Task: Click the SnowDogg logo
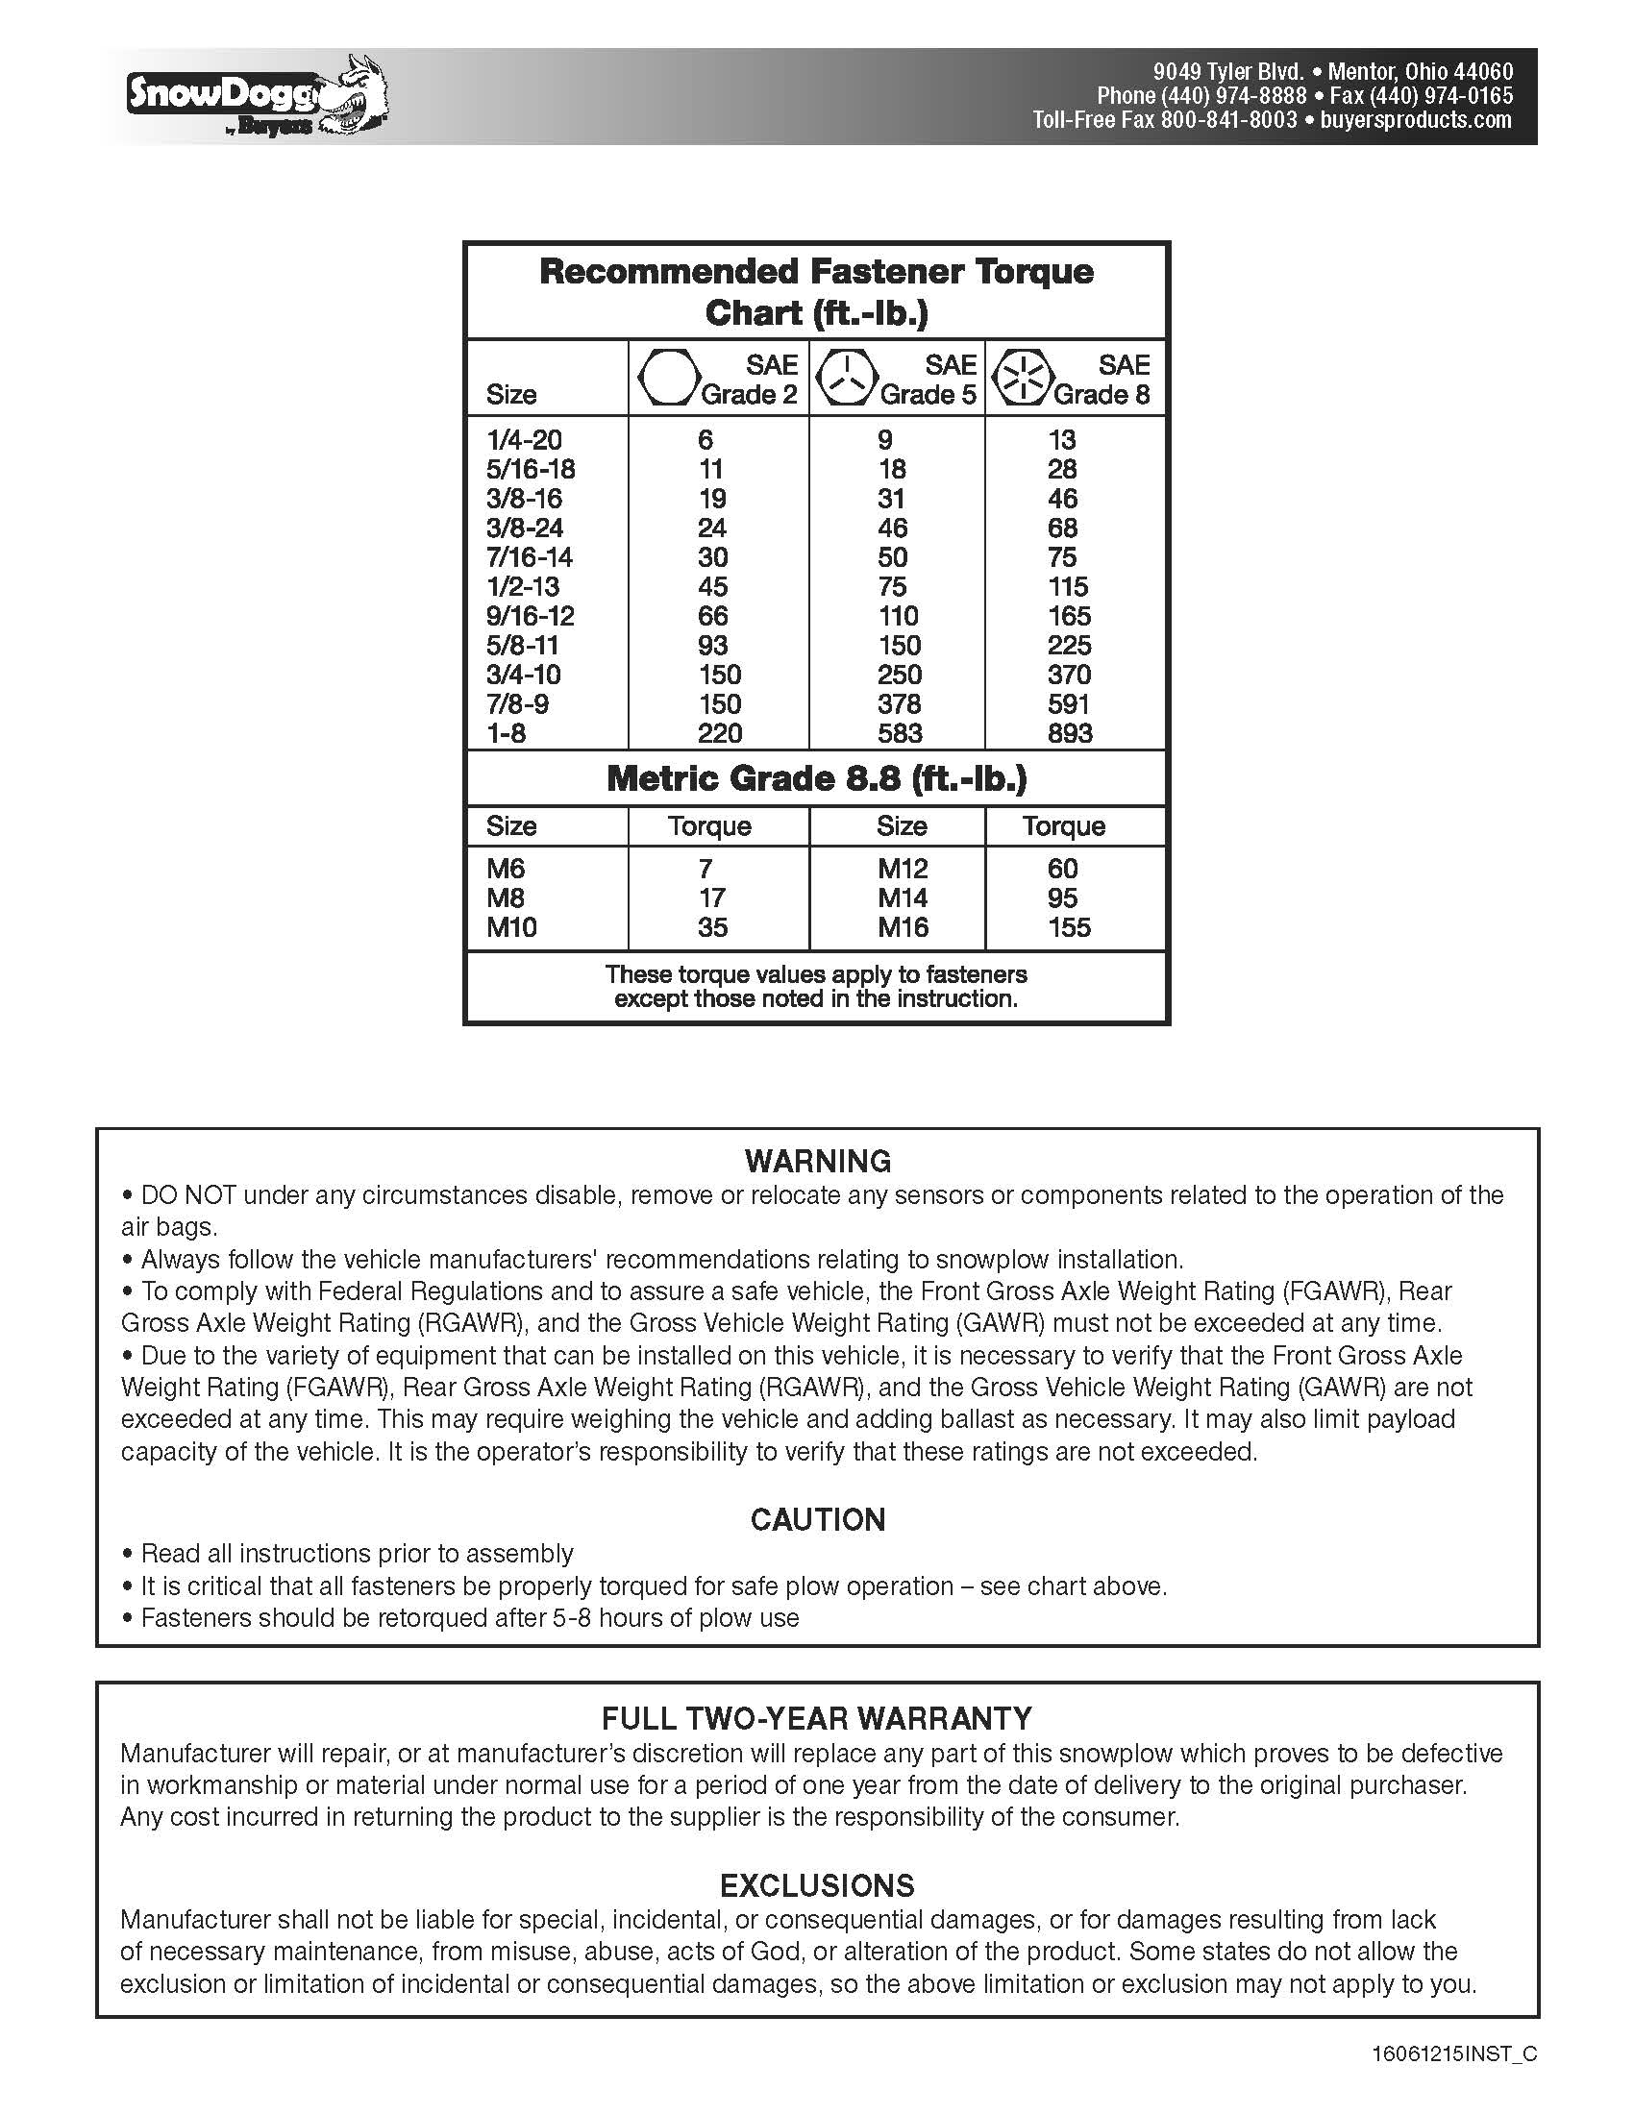[257, 98]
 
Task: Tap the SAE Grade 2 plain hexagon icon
[667, 379]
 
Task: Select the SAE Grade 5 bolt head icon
[846, 379]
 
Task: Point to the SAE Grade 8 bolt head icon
[1024, 379]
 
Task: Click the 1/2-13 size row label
[523, 586]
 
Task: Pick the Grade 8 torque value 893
[1070, 734]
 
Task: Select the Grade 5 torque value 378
[900, 703]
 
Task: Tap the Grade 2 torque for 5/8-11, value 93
[712, 646]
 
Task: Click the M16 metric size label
[903, 927]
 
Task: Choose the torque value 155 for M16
[1069, 927]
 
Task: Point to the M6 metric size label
[506, 869]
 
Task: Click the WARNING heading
[818, 1161]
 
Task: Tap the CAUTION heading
[818, 1520]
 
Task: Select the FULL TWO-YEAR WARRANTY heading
[817, 1718]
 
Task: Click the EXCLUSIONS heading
[817, 1885]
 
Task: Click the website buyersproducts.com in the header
[1415, 120]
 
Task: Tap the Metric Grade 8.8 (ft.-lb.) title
[816, 779]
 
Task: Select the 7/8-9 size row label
[517, 703]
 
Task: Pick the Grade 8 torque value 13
[1062, 440]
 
